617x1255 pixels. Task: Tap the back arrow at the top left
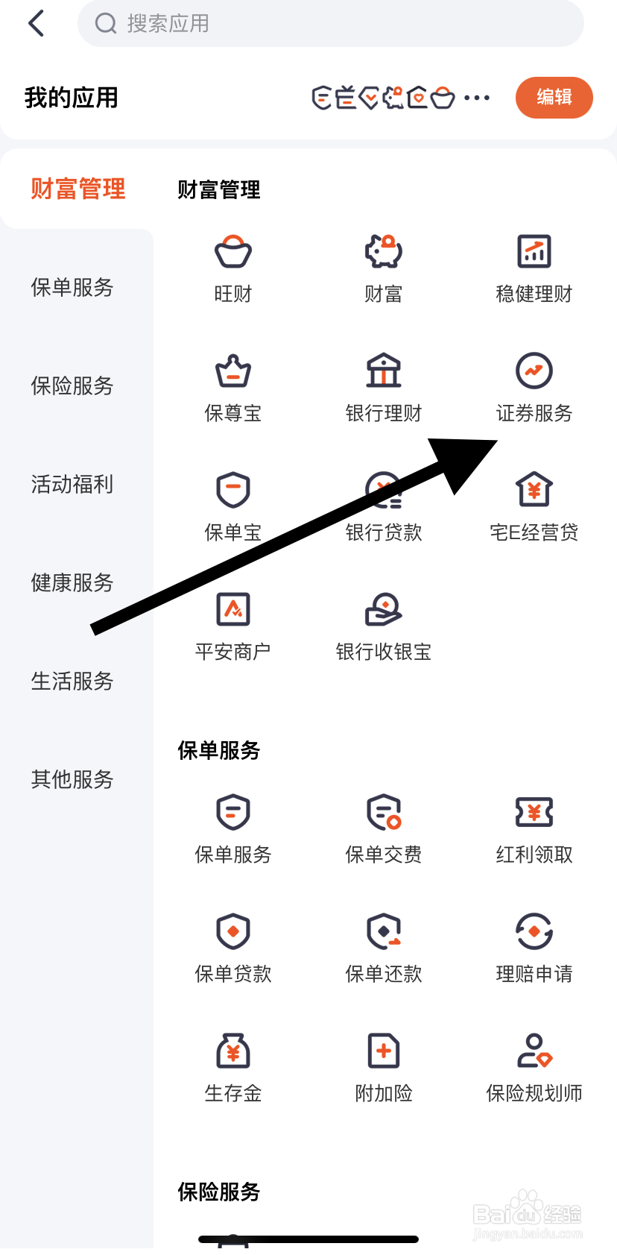(x=37, y=24)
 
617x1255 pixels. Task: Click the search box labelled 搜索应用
(x=330, y=24)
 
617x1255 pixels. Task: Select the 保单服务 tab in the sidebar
(x=72, y=287)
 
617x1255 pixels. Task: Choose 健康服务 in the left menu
(x=72, y=582)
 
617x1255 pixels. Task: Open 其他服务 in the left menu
(x=72, y=779)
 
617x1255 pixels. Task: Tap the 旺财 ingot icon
(x=233, y=252)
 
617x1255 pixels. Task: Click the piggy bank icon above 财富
(x=384, y=252)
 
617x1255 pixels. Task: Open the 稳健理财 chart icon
(x=534, y=252)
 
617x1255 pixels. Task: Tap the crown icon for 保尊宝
(x=233, y=371)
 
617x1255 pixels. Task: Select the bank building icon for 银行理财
(x=384, y=371)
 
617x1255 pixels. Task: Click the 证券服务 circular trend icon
(x=534, y=371)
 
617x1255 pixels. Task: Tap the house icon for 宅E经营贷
(x=534, y=490)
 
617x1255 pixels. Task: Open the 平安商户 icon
(x=233, y=609)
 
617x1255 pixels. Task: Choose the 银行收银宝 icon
(x=384, y=609)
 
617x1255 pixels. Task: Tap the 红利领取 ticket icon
(x=534, y=812)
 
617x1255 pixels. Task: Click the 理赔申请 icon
(x=534, y=931)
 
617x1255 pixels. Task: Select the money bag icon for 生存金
(x=233, y=1051)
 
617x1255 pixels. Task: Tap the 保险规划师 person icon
(x=534, y=1051)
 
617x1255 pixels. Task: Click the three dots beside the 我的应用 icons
(x=477, y=98)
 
